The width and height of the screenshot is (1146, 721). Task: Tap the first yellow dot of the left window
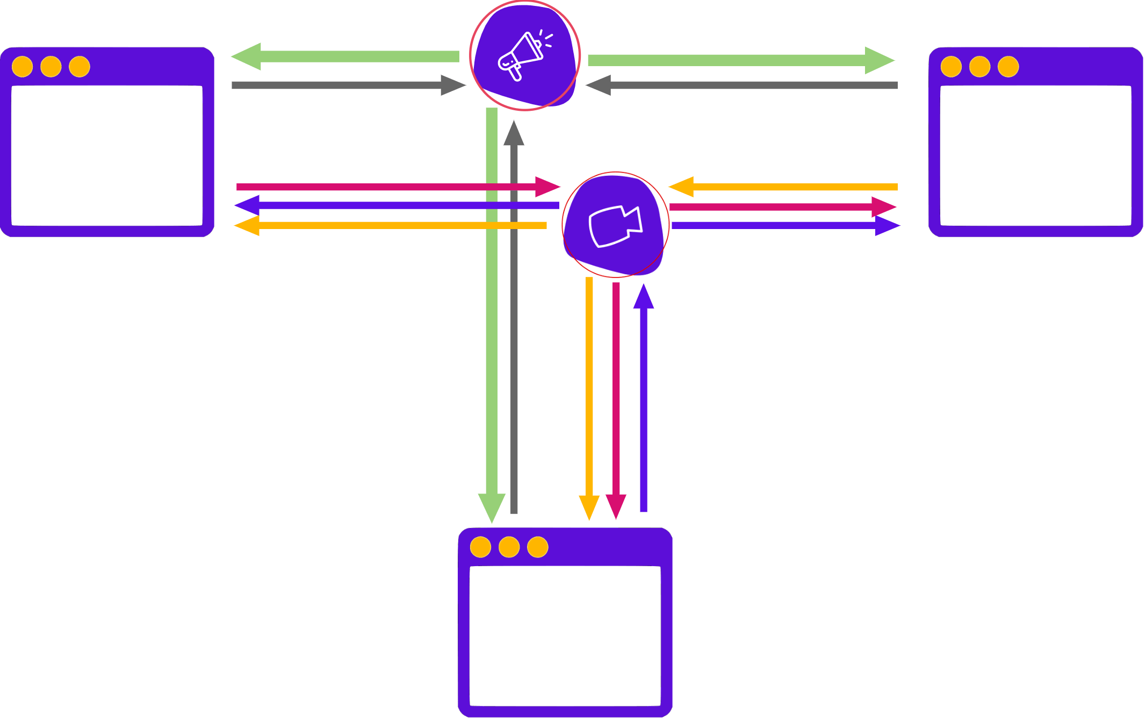point(23,67)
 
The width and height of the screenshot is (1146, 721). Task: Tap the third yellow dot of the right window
point(1008,67)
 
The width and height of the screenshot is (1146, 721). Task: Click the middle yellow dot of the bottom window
point(509,547)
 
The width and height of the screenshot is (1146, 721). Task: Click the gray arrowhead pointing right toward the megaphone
point(452,85)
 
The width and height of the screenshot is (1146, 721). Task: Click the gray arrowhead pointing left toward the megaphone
point(599,85)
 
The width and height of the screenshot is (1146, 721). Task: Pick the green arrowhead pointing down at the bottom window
point(492,508)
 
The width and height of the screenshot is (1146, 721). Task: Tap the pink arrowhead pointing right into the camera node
point(547,187)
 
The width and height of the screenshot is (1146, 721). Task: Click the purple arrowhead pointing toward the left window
point(247,205)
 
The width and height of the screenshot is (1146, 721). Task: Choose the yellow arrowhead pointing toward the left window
point(247,225)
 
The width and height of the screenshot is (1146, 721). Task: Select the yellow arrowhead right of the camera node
point(681,187)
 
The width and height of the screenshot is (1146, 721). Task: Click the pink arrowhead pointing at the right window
point(883,207)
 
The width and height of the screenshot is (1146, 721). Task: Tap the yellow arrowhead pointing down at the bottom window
point(589,506)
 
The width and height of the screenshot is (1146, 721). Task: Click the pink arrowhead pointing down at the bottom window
point(616,506)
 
